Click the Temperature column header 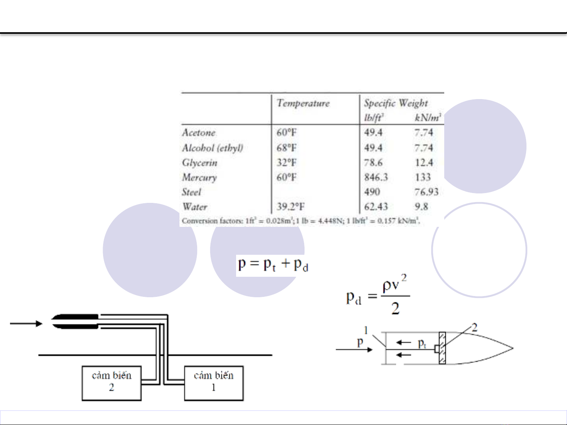(303, 103)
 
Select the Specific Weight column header (396, 103)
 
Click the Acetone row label (199, 132)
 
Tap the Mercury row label (199, 178)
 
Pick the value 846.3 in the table (376, 177)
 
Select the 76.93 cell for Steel (427, 192)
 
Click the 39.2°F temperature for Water (290, 207)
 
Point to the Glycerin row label (199, 163)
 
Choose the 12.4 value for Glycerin (424, 162)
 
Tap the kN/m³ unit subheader (428, 118)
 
